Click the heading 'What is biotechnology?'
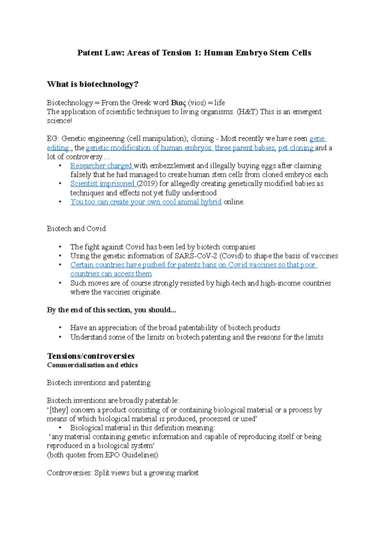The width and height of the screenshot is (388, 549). [92, 84]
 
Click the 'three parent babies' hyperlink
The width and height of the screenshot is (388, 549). [244, 148]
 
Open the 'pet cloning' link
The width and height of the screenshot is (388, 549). [296, 148]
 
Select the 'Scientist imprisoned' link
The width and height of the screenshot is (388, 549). [102, 184]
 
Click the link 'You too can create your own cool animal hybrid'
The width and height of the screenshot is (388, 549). [146, 202]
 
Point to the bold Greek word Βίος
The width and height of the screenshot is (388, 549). [178, 103]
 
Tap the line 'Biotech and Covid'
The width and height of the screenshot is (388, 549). [76, 229]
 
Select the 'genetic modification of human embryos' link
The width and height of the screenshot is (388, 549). [148, 148]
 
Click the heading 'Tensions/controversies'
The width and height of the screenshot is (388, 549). [91, 356]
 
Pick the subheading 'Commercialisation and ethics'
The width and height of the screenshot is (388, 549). [92, 365]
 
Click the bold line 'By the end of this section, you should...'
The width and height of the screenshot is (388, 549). [111, 310]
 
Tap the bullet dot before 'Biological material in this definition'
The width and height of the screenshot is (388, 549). [60, 428]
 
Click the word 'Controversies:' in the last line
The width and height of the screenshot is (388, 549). [70, 473]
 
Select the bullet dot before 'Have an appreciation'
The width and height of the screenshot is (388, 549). [60, 328]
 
